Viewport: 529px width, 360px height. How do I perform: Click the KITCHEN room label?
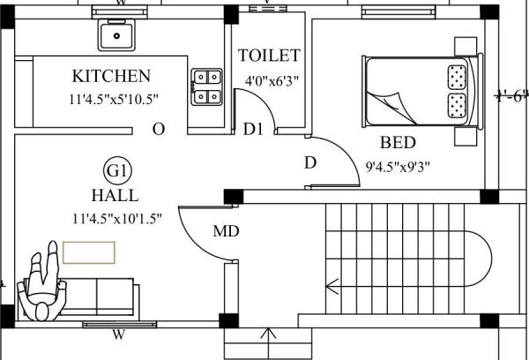point(111,76)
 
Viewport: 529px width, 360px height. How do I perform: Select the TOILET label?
point(270,56)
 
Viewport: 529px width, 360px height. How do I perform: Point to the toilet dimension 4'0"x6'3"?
point(270,79)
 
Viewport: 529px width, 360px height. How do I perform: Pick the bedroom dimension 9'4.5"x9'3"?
point(398,164)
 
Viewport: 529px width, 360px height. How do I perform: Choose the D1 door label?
point(254,130)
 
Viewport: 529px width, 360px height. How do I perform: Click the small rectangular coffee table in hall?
point(88,251)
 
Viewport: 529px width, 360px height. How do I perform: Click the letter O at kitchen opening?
point(159,129)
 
